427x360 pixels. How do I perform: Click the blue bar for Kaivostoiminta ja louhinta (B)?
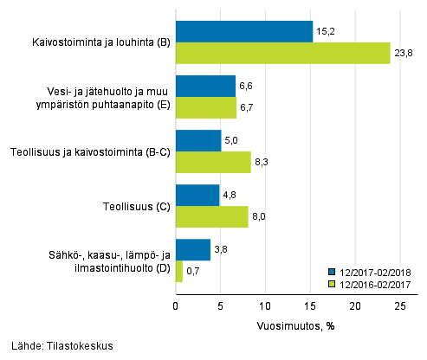tap(244, 31)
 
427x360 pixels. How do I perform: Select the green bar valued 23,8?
tap(282, 53)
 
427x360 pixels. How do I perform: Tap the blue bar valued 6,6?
tap(205, 86)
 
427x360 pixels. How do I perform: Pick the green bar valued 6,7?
tap(206, 107)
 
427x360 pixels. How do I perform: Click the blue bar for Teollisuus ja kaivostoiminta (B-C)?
tap(198, 140)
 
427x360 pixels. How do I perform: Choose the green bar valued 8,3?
tap(213, 162)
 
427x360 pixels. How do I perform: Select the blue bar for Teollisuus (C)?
tap(197, 195)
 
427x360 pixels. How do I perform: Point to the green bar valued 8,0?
tap(212, 216)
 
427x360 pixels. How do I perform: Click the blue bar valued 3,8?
tap(193, 249)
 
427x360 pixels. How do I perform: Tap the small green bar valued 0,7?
tap(179, 271)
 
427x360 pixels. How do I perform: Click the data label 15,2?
tap(325, 31)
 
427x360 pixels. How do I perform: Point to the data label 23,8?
tap(402, 53)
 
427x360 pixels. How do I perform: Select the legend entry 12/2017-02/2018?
tap(375, 271)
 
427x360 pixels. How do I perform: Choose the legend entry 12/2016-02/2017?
tap(375, 283)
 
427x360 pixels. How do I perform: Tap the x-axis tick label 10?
tap(265, 305)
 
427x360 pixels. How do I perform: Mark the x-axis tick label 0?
tap(176, 305)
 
